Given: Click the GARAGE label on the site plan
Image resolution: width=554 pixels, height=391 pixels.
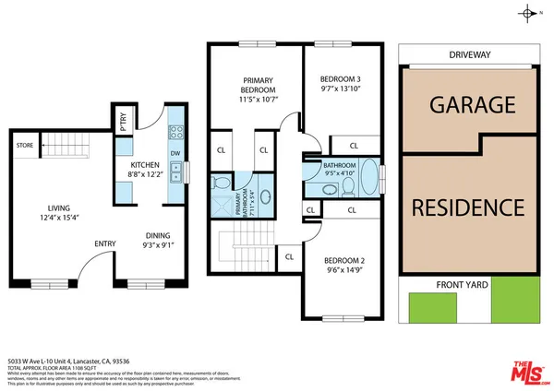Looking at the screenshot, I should [472, 105].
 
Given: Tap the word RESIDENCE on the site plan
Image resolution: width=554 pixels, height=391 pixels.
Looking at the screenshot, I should [468, 207].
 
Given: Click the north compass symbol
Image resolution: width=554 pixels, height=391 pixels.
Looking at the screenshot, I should [527, 13].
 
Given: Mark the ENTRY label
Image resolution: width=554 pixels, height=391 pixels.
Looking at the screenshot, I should [104, 243].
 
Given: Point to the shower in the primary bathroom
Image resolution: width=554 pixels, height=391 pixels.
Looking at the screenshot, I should [223, 202].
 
